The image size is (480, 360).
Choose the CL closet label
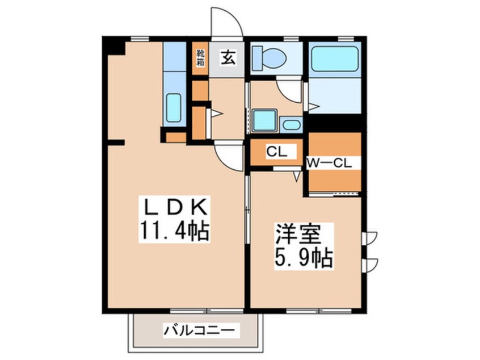[276, 152]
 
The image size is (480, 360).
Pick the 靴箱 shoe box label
[200, 58]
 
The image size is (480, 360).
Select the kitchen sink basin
[174, 107]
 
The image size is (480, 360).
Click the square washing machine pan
[264, 120]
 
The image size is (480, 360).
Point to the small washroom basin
[292, 125]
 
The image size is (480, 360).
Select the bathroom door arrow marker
[314, 106]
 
